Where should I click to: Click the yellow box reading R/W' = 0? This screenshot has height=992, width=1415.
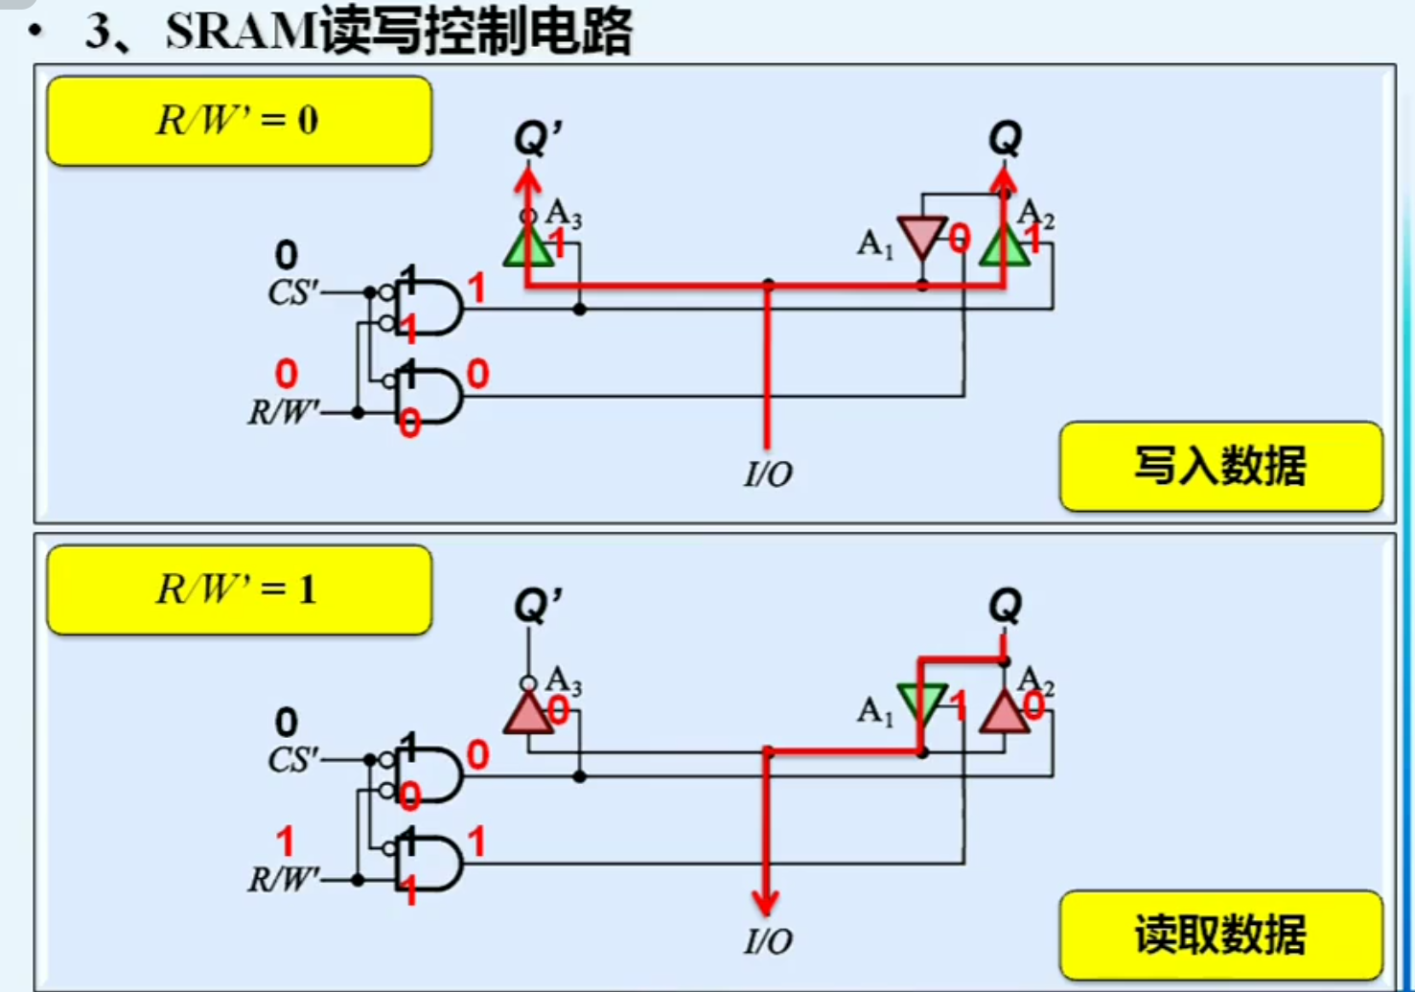[239, 121]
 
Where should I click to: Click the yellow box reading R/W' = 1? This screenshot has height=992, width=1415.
[239, 589]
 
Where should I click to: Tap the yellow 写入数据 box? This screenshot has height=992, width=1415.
[1220, 467]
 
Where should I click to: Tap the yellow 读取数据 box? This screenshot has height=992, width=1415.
[1220, 934]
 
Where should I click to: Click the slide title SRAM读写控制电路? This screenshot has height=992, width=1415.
[398, 32]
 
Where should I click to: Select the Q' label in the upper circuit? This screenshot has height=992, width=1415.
[537, 138]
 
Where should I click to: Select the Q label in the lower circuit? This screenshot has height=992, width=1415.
[1005, 606]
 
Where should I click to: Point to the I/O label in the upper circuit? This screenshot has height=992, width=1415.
[768, 473]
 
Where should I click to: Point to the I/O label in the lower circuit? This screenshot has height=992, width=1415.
[768, 941]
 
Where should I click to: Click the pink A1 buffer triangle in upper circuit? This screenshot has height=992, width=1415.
[922, 235]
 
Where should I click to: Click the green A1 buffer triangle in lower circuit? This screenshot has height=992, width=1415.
[922, 703]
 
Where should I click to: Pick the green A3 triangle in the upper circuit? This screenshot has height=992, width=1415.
[528, 246]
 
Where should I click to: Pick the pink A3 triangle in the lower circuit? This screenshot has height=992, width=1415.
[528, 713]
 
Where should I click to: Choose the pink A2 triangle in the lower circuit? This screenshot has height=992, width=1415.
[1004, 713]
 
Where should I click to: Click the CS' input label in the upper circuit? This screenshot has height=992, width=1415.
[293, 291]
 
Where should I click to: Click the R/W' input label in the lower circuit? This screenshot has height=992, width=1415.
[284, 879]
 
